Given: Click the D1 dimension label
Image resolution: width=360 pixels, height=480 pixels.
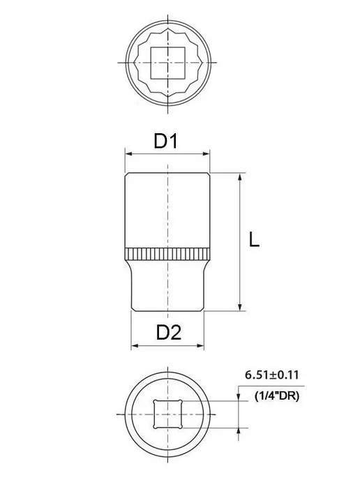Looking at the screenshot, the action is [x=165, y=141].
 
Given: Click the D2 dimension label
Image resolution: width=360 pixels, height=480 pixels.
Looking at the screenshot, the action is [x=169, y=333].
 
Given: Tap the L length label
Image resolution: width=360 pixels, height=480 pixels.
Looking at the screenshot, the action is [x=254, y=239].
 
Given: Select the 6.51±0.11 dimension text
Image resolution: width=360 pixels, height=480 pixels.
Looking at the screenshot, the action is [x=271, y=375].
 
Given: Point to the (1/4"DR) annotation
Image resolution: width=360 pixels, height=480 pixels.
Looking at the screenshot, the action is [x=277, y=396].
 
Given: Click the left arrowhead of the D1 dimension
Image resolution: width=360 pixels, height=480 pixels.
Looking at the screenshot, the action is [x=128, y=153].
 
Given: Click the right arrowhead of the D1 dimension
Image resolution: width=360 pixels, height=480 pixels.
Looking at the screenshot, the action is [x=207, y=153].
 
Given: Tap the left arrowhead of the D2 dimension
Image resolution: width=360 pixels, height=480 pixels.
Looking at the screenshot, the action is [x=135, y=346].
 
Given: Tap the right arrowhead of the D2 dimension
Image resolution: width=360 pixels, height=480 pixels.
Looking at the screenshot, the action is [x=200, y=346].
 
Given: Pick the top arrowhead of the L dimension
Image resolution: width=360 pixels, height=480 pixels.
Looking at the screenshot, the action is [x=240, y=177].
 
